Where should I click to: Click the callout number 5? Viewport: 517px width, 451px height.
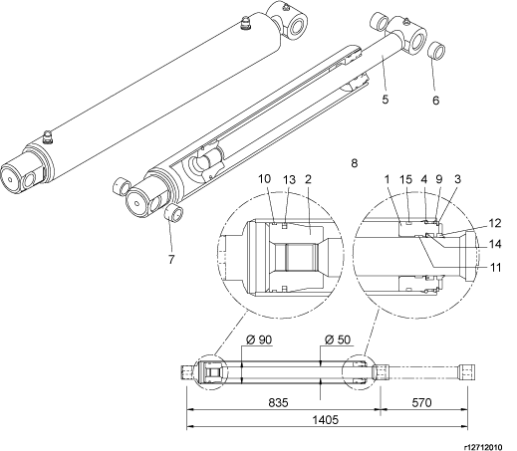(x=385, y=99)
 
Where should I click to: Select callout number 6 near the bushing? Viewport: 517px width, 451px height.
(x=435, y=100)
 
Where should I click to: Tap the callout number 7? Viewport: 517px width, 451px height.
(x=171, y=259)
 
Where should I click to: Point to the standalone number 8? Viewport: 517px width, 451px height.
(x=355, y=163)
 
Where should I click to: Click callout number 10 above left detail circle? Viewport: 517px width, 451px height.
(x=265, y=179)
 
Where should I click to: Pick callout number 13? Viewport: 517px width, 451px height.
(x=289, y=179)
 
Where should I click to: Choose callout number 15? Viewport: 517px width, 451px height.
(x=405, y=179)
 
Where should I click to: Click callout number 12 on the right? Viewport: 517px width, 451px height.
(x=495, y=223)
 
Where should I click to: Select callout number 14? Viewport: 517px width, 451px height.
(x=495, y=245)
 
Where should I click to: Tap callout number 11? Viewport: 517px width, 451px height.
(x=495, y=267)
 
